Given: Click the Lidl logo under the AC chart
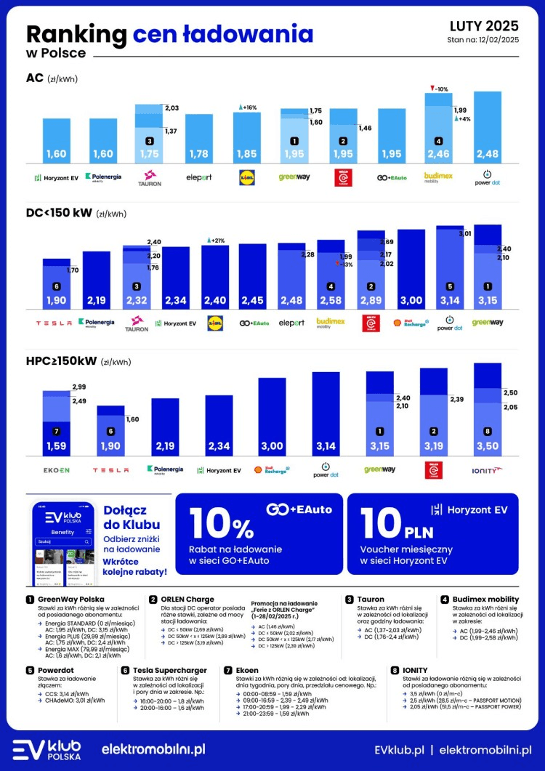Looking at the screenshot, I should [x=247, y=177].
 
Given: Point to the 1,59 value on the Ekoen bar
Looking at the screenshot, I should [x=56, y=445].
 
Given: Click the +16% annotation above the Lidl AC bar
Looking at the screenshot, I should [x=249, y=107].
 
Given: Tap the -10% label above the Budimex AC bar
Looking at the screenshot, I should [x=439, y=89].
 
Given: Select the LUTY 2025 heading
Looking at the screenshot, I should [x=484, y=27].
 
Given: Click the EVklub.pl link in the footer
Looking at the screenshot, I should [x=398, y=748].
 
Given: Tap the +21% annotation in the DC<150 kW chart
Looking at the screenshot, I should [x=216, y=240].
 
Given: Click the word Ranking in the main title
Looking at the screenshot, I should [x=76, y=34].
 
